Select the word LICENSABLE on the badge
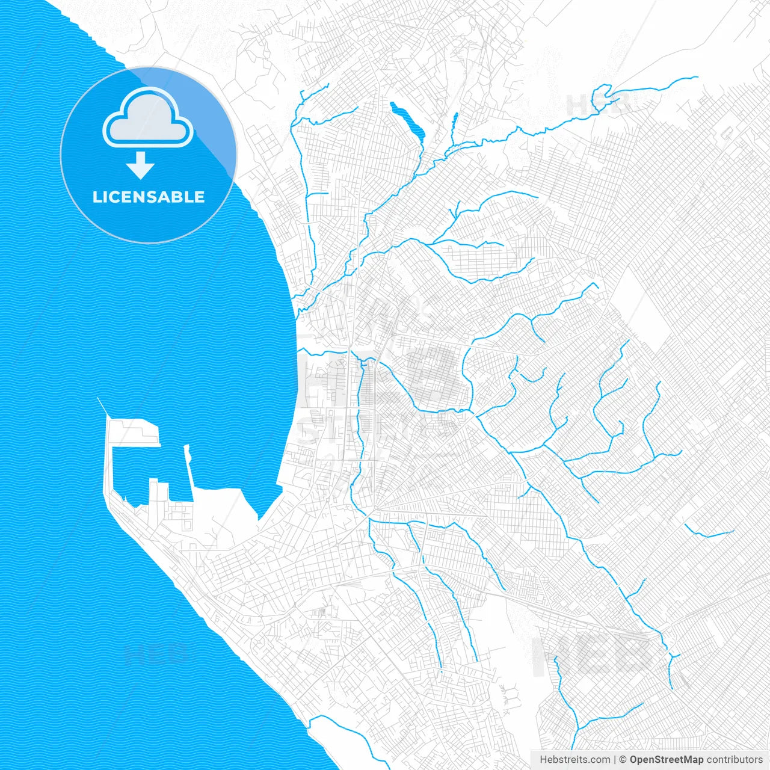149,197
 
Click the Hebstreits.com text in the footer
574,760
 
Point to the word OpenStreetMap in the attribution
666,760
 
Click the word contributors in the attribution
734,760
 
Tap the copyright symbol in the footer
623,760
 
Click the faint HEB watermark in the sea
155,652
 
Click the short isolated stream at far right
710,533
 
